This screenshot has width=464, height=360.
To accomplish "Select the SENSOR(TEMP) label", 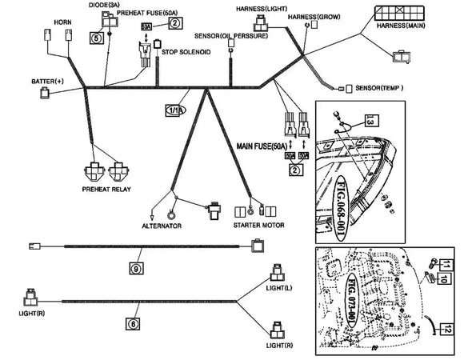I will click(379, 86).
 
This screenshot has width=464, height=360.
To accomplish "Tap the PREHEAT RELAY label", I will click(108, 190).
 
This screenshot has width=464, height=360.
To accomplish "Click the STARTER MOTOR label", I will click(255, 226).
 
